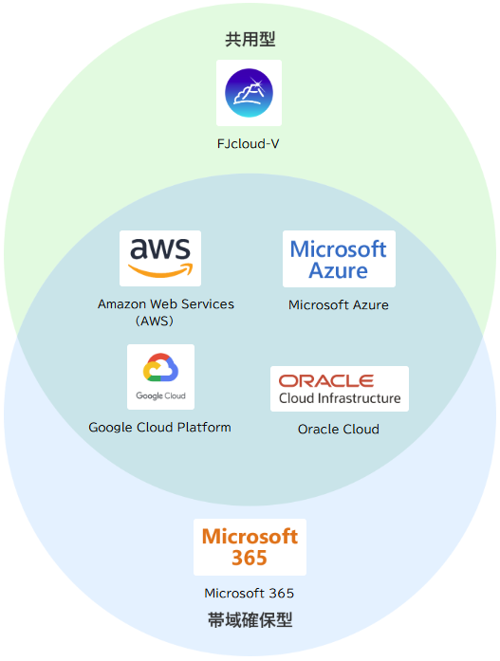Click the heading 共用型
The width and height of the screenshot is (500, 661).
[250, 39]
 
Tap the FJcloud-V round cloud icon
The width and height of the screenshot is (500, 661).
[249, 93]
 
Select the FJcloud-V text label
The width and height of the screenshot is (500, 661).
[248, 144]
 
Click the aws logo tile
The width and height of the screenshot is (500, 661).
[160, 258]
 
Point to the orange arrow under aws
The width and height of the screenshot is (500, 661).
[160, 270]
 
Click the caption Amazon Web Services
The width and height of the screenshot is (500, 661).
[166, 303]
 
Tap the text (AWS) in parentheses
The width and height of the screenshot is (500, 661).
[155, 321]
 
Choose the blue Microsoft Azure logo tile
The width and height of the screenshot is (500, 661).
[339, 259]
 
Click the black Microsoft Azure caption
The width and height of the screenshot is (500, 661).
[338, 304]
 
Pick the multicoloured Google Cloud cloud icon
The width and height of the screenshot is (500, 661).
[160, 367]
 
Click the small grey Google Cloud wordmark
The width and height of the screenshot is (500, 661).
[160, 395]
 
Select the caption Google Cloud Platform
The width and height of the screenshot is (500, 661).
[159, 427]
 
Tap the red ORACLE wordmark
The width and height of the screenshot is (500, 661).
[326, 381]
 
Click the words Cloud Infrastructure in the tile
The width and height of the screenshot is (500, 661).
[340, 398]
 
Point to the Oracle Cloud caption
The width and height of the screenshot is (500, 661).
[339, 430]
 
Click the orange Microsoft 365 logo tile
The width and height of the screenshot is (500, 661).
[250, 547]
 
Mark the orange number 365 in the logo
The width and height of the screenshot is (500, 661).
[250, 558]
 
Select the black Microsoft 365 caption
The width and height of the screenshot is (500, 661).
[250, 593]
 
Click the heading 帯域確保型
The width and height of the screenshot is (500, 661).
[250, 620]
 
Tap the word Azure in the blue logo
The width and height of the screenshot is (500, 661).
[339, 270]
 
